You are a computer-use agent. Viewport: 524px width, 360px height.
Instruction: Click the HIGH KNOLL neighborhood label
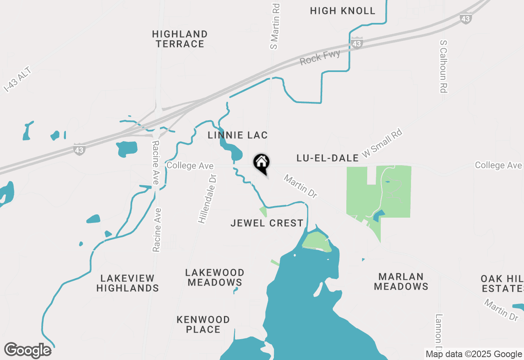(343, 11)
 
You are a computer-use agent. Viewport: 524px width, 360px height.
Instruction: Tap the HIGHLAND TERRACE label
(180, 39)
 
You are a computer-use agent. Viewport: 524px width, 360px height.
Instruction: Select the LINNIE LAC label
(237, 135)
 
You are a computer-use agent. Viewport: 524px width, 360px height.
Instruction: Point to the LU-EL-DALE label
(327, 158)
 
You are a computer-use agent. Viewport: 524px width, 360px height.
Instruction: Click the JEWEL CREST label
(267, 223)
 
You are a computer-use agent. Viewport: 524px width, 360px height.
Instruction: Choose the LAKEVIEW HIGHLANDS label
(127, 283)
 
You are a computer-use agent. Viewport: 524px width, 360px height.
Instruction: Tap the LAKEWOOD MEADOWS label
(215, 277)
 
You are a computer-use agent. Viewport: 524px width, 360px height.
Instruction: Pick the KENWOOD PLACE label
(203, 324)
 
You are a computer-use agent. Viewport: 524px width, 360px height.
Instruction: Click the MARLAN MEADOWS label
(401, 281)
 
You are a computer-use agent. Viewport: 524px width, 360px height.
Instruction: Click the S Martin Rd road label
(275, 27)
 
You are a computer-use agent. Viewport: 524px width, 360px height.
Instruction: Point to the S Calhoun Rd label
(443, 66)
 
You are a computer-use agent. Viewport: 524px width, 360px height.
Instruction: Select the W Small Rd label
(382, 143)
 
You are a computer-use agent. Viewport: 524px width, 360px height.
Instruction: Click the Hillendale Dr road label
(207, 198)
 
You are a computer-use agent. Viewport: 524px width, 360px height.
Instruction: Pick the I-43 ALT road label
(17, 80)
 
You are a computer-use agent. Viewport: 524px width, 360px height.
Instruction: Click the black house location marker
(261, 163)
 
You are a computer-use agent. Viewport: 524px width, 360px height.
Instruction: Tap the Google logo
(28, 350)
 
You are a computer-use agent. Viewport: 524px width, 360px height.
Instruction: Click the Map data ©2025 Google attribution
(473, 354)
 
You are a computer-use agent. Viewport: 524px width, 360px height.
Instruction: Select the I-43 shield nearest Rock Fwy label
(357, 43)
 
